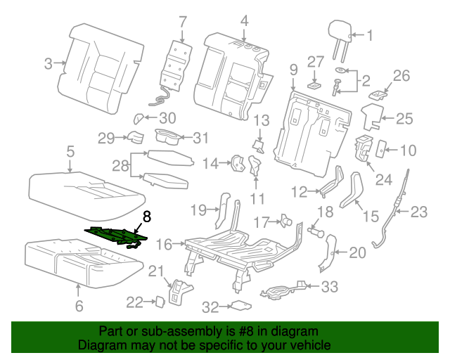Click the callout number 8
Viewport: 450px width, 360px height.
(146, 217)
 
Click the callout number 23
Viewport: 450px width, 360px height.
(418, 210)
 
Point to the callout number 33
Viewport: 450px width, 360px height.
(330, 286)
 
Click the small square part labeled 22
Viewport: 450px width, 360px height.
(160, 301)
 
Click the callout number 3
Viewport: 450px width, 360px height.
(49, 64)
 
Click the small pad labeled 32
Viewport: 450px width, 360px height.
(241, 306)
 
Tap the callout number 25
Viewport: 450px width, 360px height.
(404, 119)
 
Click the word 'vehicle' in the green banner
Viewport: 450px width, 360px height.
(306, 346)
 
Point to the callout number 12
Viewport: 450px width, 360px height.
(300, 191)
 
